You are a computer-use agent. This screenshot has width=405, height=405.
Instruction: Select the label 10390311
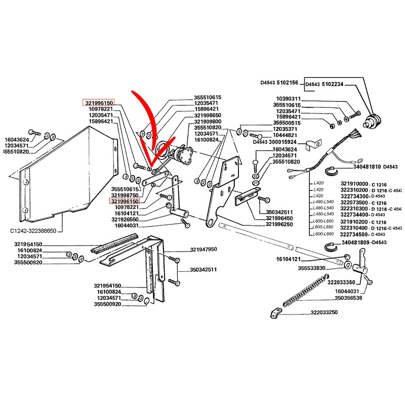[x=288, y=99]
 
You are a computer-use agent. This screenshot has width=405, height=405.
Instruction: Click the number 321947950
[x=204, y=250]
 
